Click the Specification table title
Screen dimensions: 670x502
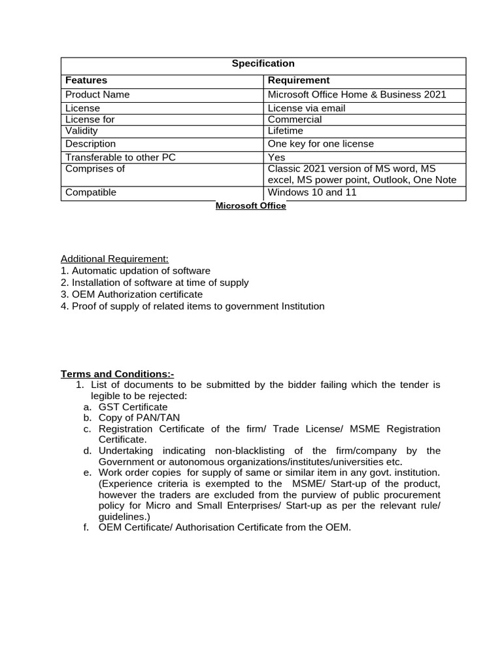point(263,63)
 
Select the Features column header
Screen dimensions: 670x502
point(86,80)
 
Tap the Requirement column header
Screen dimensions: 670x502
point(299,80)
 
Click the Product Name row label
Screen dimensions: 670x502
point(97,94)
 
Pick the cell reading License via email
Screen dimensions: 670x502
point(307,108)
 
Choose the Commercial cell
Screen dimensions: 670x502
point(295,119)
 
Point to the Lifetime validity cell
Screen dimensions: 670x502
point(286,131)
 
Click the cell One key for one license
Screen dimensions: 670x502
point(321,143)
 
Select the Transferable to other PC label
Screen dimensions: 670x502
point(121,157)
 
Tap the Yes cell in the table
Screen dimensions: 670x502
point(276,157)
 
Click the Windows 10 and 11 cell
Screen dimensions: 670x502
point(312,192)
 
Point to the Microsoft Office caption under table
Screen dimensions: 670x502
point(251,205)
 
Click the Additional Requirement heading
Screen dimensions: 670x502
point(114,258)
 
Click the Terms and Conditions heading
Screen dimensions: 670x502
point(118,374)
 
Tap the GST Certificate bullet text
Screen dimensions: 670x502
point(133,407)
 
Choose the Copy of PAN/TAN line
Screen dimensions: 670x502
point(139,417)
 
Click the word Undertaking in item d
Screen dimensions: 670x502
point(125,451)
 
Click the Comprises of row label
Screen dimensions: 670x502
point(95,169)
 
